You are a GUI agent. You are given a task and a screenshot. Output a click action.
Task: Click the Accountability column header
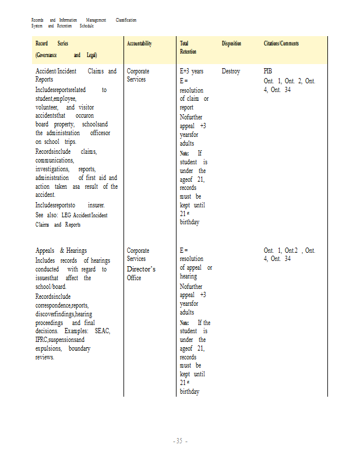[139, 44]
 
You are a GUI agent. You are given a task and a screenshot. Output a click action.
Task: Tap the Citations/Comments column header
[281, 44]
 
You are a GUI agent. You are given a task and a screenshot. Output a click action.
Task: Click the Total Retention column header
[185, 48]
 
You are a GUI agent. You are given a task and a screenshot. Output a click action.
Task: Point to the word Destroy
[231, 71]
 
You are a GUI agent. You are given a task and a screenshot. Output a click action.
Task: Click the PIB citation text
[268, 71]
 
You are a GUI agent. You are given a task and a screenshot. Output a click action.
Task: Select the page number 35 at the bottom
[179, 441]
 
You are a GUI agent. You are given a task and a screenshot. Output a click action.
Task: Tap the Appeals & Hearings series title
[61, 250]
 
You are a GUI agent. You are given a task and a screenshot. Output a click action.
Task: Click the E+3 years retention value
[192, 71]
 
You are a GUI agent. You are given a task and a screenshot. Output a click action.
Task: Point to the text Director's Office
[140, 273]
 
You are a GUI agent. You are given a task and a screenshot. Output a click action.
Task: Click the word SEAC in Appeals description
[102, 331]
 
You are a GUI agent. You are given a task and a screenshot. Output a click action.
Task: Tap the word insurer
[96, 205]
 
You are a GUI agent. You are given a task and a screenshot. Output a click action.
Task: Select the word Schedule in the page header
[86, 26]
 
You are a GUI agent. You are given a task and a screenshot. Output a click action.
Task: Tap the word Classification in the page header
[126, 20]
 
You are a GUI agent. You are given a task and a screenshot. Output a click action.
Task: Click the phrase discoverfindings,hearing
[63, 313]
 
